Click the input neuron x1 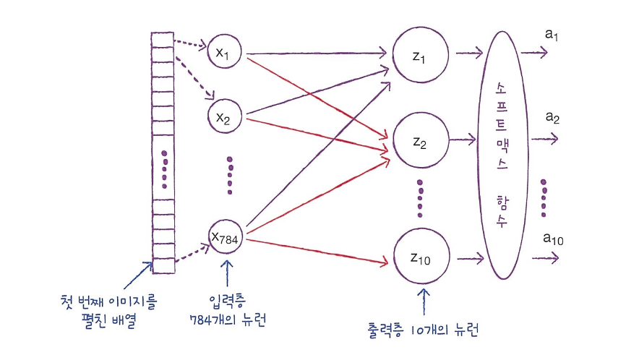(223, 52)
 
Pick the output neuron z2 (420, 142)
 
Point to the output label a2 (554, 117)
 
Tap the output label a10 (552, 239)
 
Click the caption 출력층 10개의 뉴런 (422, 331)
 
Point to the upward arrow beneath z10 (424, 301)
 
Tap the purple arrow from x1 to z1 (318, 53)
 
